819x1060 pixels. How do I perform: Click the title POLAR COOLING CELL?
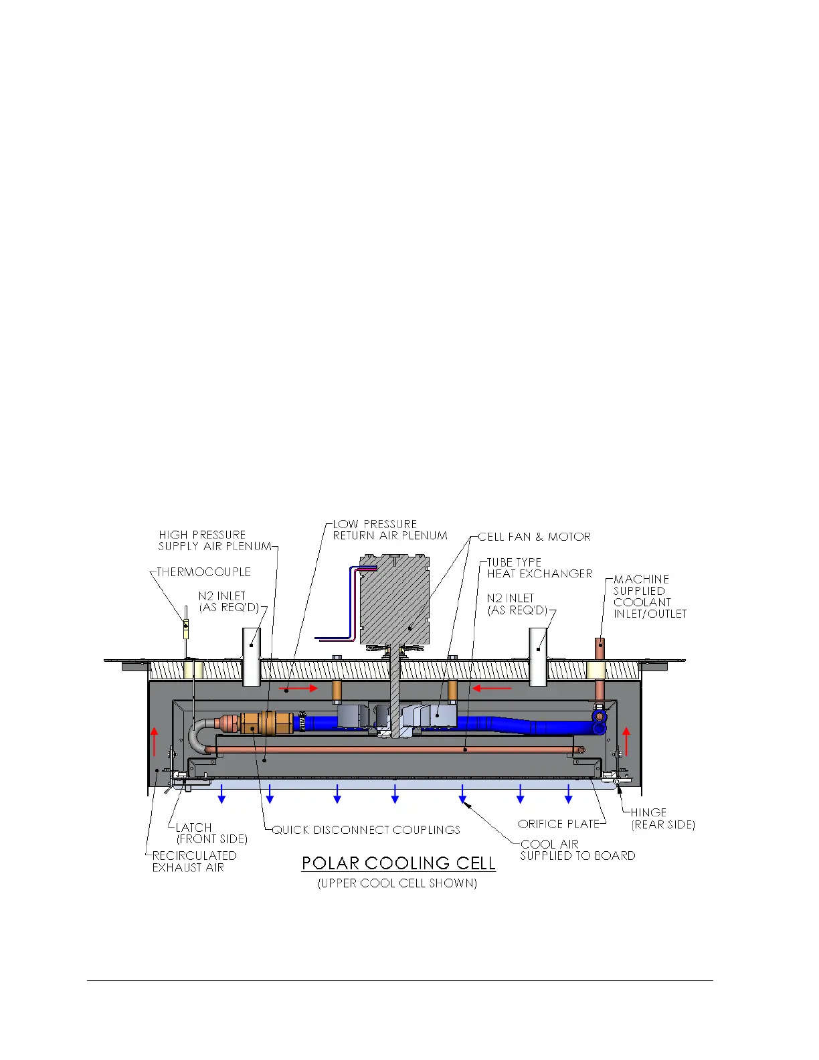point(398,863)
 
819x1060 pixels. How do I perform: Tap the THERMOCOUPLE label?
point(203,572)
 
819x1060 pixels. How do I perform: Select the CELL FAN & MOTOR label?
point(534,537)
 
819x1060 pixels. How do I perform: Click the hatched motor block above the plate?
point(394,600)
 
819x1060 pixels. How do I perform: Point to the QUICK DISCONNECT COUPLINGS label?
point(366,830)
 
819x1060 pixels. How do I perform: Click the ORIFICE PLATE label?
point(558,824)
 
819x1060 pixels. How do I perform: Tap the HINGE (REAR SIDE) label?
point(662,818)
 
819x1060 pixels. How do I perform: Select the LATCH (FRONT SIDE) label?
point(211,833)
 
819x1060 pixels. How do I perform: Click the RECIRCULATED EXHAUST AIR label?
point(194,861)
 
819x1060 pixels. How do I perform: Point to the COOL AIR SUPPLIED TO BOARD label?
point(577,850)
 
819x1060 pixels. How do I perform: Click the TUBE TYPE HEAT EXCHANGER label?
point(539,568)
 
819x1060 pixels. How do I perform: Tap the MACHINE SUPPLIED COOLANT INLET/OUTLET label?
point(649,596)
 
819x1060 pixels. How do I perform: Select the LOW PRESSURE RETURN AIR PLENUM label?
point(390,529)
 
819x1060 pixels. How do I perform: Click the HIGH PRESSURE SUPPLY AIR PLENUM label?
point(215,540)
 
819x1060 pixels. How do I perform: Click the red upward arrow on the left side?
point(155,741)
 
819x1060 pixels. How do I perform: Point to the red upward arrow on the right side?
point(626,741)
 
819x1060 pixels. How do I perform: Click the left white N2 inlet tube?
point(251,656)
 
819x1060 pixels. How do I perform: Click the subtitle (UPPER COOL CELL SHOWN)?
point(397,883)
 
